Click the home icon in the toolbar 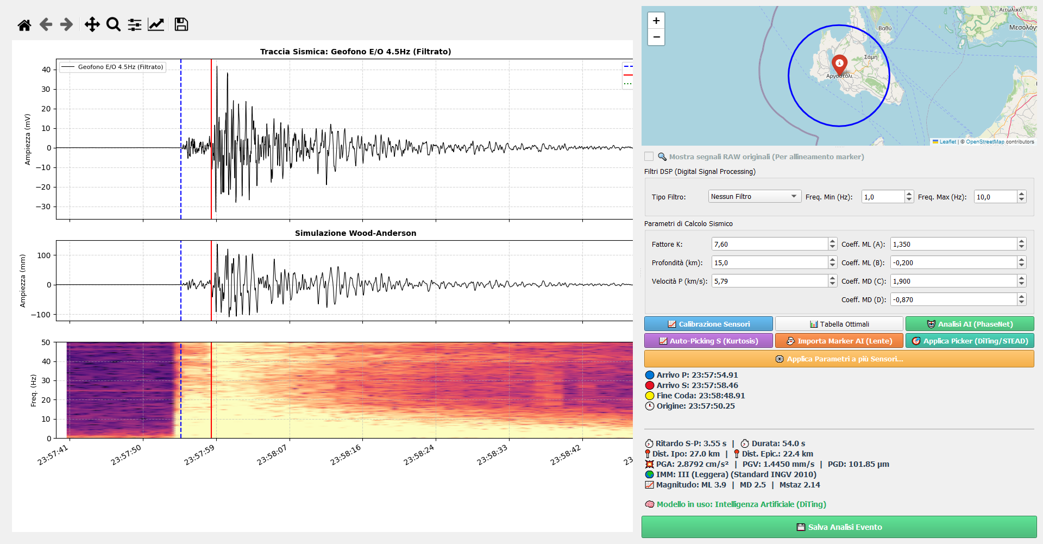[24, 24]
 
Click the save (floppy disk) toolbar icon [181, 24]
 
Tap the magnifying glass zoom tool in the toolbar [114, 24]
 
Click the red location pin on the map [839, 65]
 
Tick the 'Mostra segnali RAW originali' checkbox [649, 157]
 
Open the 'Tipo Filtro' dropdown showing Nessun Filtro [755, 196]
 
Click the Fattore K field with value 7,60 [769, 244]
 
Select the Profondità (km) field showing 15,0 [769, 262]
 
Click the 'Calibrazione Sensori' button [708, 324]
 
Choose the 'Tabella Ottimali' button [839, 324]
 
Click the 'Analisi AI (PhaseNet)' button [970, 324]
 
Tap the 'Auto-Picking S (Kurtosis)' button [708, 341]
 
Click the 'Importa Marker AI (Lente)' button [839, 341]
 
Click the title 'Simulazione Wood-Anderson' [356, 233]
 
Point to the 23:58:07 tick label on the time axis [272, 454]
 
